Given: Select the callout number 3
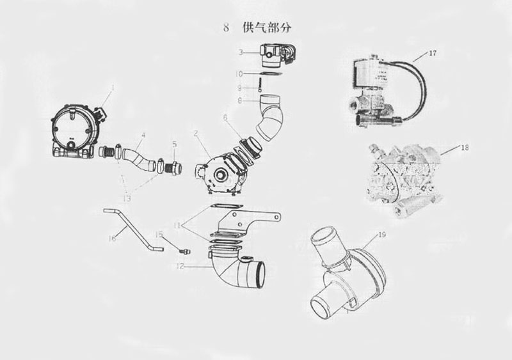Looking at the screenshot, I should (241, 51).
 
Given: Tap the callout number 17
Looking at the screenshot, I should (433, 53).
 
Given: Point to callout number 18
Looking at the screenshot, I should (465, 148).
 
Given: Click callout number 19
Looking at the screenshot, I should (382, 235).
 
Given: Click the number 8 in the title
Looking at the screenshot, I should (225, 27).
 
